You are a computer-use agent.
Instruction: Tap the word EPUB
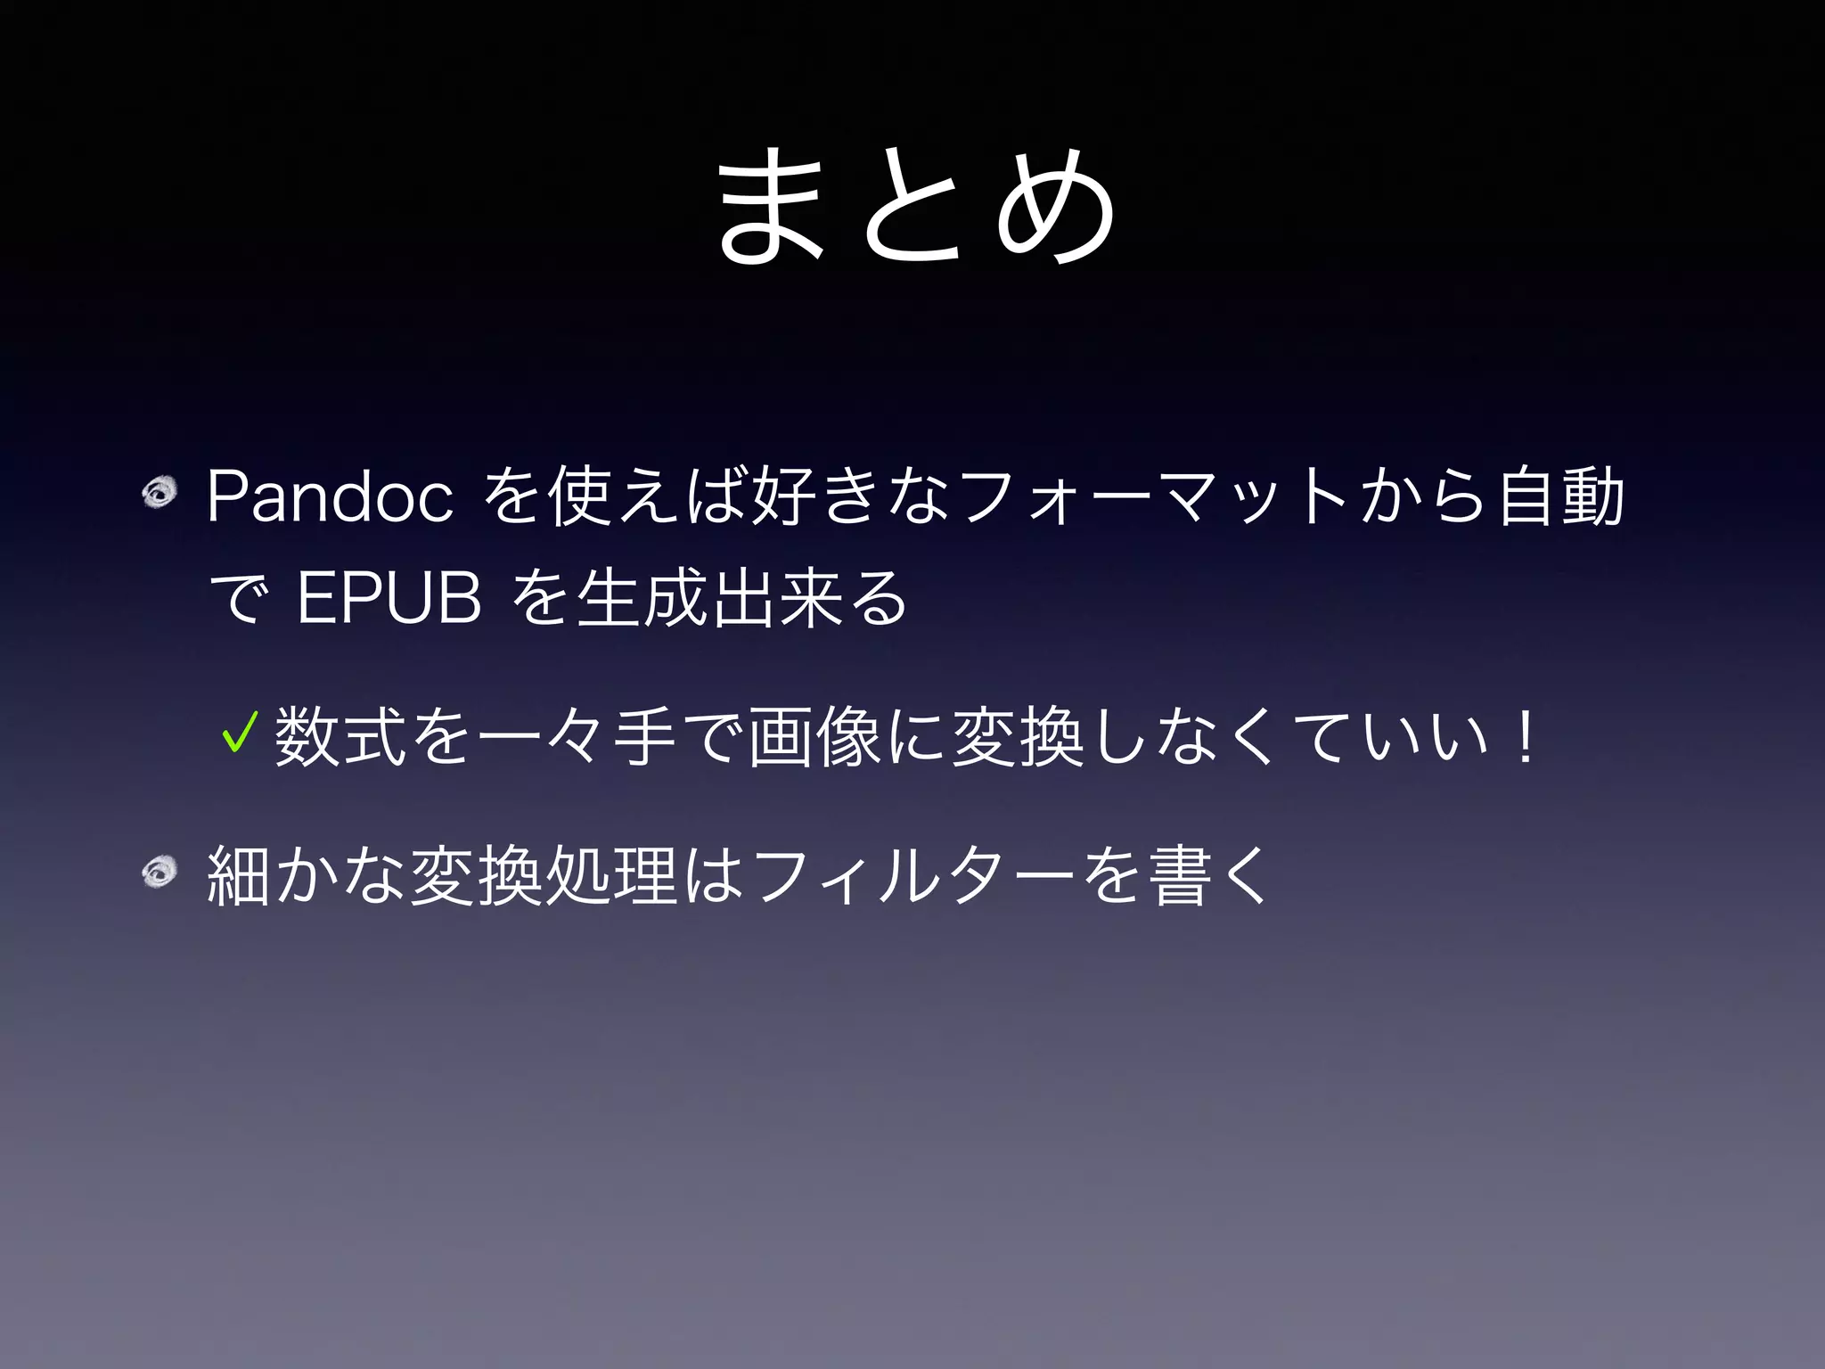click(x=389, y=598)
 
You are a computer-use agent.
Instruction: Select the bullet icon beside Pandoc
click(x=160, y=492)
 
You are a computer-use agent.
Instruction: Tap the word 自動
click(x=1561, y=496)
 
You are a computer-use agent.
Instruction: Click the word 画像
click(x=815, y=737)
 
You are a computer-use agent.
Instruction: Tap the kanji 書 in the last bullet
click(x=1181, y=875)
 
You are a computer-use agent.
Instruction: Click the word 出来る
click(x=807, y=598)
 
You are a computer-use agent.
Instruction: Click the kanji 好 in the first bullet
click(x=784, y=497)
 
